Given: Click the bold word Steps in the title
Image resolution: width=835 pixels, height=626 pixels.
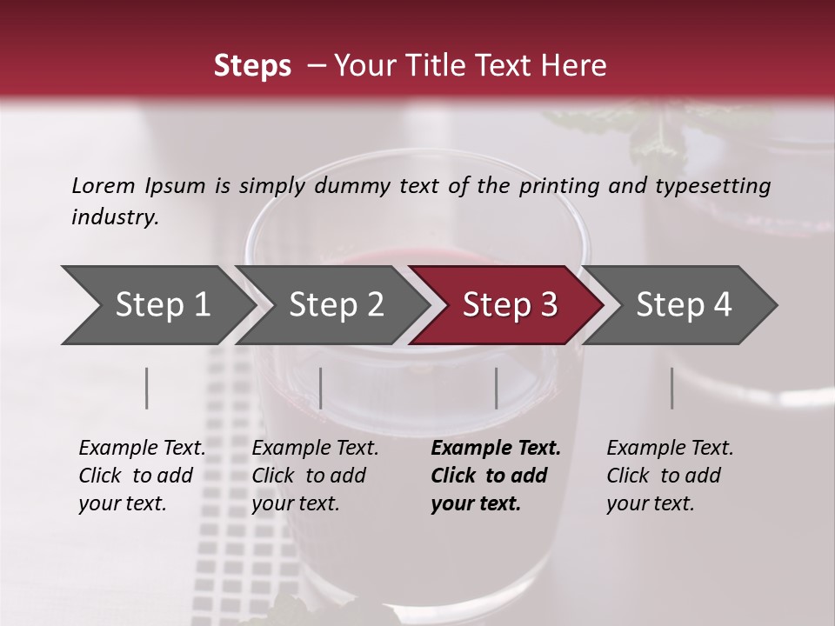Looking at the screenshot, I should coord(252,66).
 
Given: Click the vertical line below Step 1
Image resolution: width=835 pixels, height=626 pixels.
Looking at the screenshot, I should coord(147,388).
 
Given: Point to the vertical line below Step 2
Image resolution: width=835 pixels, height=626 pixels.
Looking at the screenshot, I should coord(321,388).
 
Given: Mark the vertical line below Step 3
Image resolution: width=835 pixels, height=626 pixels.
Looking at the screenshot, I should coord(496,388).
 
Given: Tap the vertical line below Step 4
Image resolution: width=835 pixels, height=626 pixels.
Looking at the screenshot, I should coord(671,388).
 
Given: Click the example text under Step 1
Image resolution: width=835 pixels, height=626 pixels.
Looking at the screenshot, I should coord(142,476).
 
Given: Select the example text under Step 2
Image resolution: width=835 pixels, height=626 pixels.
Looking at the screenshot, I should coord(315,476).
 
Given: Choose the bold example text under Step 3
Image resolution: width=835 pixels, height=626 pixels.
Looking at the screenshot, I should coord(495,476).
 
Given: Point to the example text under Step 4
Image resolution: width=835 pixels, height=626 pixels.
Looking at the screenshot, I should coord(670,476).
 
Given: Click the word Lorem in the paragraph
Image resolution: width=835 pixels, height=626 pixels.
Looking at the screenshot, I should coord(104,185).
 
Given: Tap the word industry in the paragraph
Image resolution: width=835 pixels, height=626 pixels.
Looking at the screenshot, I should coord(115,217).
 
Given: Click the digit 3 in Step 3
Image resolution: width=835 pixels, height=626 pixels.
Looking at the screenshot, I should coord(548,305).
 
